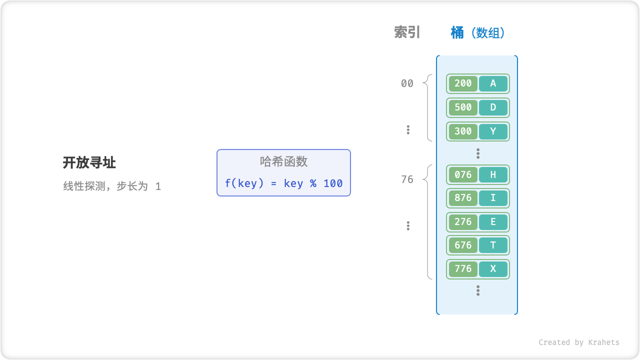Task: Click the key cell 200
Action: coord(463,83)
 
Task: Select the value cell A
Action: coord(493,83)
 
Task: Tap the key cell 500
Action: coord(463,107)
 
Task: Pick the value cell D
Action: coord(493,107)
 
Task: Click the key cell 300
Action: coord(463,131)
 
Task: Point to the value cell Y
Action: coord(493,131)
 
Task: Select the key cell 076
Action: coord(463,174)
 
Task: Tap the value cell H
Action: coord(493,174)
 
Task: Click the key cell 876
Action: coord(463,198)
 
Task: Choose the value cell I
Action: coord(493,198)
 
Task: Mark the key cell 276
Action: coord(463,222)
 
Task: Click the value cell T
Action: coord(493,245)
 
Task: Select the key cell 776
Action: coord(463,269)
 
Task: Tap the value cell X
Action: coord(493,269)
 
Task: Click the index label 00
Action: coord(407,83)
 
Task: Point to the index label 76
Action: coord(407,179)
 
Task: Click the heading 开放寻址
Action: coord(89,162)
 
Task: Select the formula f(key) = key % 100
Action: coord(283,183)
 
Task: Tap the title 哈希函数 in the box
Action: coord(283,161)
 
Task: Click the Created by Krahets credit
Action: coord(578,342)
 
